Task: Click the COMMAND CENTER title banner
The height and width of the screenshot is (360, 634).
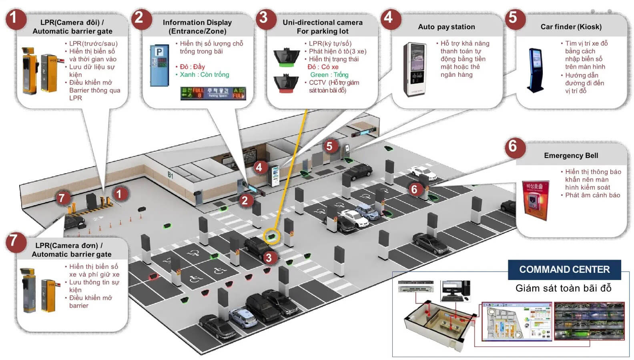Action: (564, 270)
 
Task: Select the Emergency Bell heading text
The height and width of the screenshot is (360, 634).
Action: (571, 156)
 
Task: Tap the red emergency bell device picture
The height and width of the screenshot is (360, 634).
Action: (535, 200)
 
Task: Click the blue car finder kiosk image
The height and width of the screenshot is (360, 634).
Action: (535, 70)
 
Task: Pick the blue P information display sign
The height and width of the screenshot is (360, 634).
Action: (159, 65)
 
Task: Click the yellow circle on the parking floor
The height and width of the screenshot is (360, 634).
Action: (272, 236)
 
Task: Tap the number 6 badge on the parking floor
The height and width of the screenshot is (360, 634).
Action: (414, 189)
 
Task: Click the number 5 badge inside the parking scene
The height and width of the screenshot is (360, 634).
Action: (329, 146)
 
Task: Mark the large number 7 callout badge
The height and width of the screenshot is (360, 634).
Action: (14, 240)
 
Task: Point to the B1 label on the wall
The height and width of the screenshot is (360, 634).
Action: (171, 175)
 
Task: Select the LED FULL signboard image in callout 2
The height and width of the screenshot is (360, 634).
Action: (213, 93)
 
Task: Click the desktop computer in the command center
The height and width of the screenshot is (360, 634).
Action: (455, 291)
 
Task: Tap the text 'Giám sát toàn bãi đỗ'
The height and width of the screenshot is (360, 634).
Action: (563, 288)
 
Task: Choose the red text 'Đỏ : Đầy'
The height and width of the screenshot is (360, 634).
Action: (193, 67)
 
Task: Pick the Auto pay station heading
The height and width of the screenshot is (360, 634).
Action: (446, 27)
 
